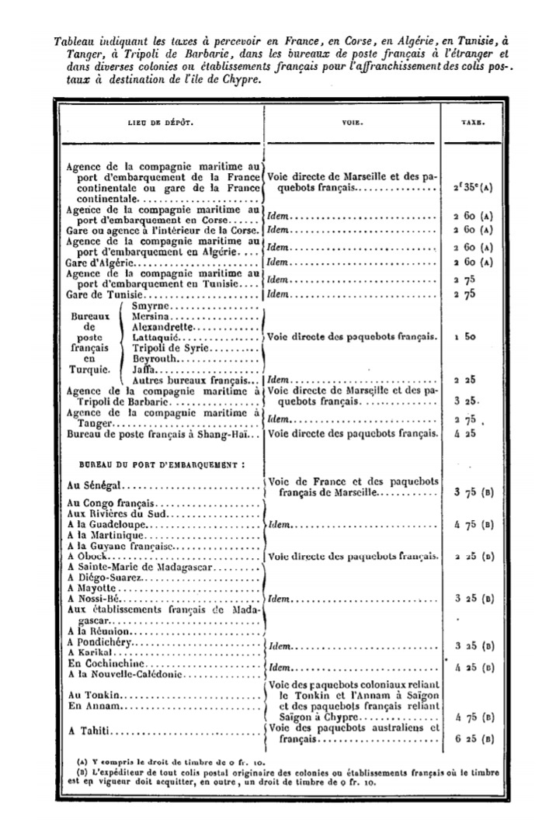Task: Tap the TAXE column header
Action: point(475,123)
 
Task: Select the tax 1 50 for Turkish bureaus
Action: point(465,338)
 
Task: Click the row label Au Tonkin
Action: point(92,695)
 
